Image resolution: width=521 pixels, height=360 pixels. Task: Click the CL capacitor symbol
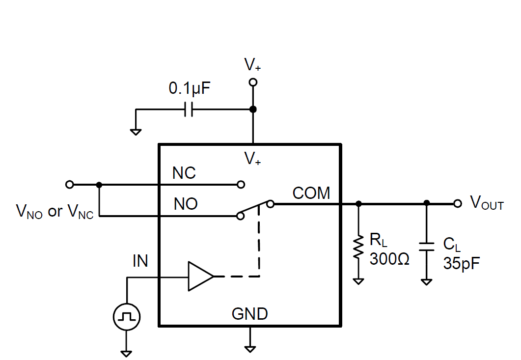427,246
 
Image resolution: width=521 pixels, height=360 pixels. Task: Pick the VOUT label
487,203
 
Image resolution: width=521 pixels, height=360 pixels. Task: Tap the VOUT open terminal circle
458,203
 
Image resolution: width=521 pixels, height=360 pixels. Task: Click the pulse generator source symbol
127,317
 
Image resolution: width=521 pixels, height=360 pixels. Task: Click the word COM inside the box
311,193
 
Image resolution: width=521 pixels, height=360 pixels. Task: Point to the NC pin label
184,173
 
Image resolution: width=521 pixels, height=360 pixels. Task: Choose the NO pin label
186,204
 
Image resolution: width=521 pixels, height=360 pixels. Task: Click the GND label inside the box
250,314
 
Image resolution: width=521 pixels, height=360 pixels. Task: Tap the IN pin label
140,261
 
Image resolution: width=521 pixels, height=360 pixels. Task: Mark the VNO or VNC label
55,211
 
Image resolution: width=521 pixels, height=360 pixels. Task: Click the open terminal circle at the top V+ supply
253,83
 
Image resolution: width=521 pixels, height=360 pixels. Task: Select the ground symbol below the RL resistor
358,281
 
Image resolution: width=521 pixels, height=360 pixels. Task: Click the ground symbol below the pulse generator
127,353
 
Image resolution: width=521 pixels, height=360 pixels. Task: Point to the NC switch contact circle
241,185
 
